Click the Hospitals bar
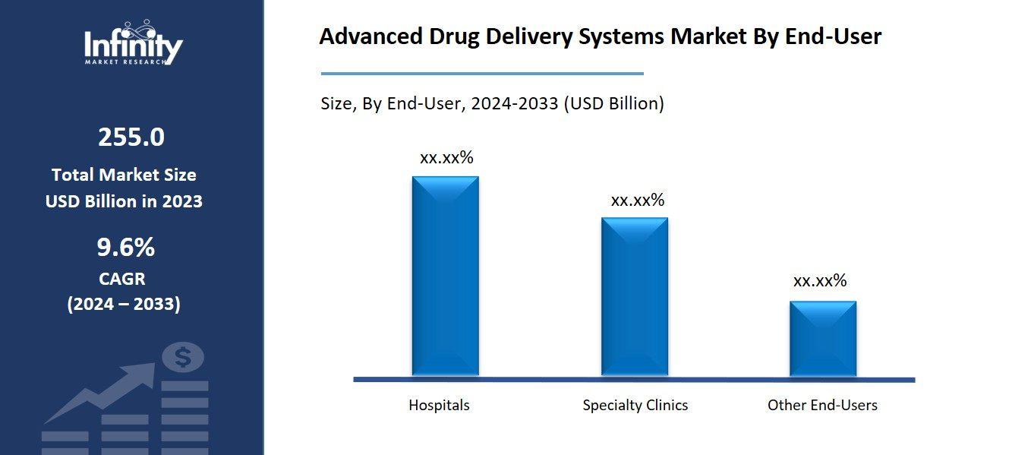(445, 276)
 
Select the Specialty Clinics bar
(635, 296)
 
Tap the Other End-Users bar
(823, 338)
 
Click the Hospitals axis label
(439, 405)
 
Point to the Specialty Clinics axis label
(635, 405)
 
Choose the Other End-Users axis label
(822, 405)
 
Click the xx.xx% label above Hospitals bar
(446, 158)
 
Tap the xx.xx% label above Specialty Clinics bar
(638, 201)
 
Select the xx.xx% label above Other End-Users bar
(820, 281)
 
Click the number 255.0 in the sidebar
(131, 137)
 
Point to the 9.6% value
(126, 248)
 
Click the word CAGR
(122, 279)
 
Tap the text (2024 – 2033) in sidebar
(124, 305)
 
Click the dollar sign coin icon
(183, 357)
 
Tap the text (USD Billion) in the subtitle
(613, 103)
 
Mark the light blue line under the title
(482, 74)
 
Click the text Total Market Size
(124, 175)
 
